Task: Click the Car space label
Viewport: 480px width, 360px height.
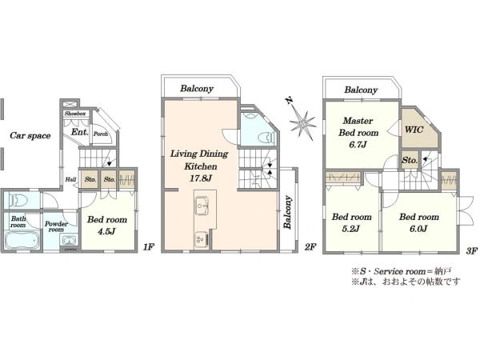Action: [x=30, y=135]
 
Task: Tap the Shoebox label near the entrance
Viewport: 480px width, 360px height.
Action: [x=75, y=114]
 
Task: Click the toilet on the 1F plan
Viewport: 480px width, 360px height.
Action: [x=19, y=201]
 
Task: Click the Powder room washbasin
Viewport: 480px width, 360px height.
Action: [x=69, y=240]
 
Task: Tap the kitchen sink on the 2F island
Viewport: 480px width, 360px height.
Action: [x=202, y=206]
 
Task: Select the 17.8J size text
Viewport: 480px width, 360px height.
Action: [x=201, y=178]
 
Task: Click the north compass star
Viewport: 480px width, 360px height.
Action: [x=302, y=122]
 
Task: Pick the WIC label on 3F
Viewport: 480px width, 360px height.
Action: [x=414, y=129]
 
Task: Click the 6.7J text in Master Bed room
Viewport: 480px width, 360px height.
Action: [x=358, y=144]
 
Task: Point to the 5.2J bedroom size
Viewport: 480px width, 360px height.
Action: [x=350, y=228]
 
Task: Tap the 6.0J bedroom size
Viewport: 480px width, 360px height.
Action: [x=418, y=228]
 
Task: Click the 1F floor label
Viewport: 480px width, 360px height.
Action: [x=148, y=246]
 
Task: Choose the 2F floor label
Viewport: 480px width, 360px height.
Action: [x=310, y=246]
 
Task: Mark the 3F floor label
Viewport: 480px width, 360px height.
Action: [x=472, y=251]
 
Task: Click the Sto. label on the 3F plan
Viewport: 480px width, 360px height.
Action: [x=410, y=160]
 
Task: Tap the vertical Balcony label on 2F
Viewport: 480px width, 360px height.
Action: [x=287, y=212]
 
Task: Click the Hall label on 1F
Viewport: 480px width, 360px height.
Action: [x=70, y=179]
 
